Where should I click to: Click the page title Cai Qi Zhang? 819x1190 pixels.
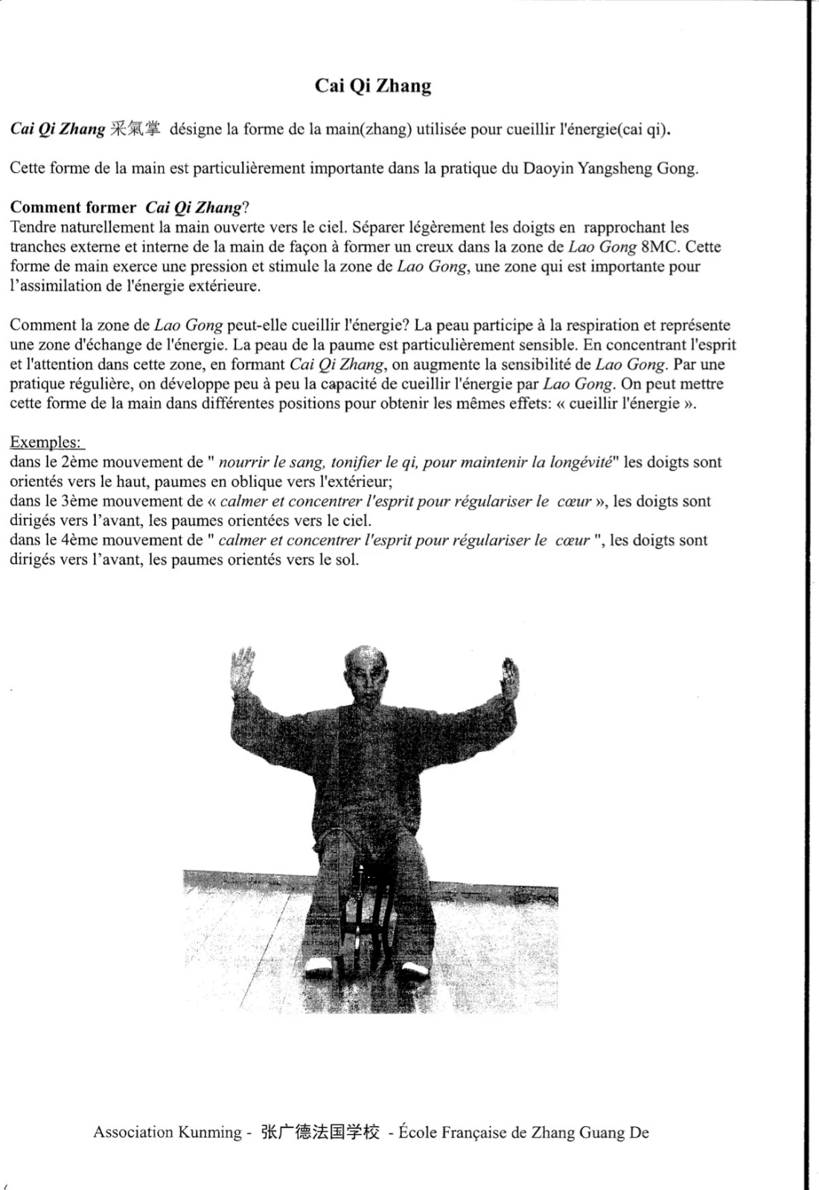point(372,86)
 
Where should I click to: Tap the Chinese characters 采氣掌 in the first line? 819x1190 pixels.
point(135,129)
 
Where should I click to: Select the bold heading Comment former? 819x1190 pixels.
point(73,208)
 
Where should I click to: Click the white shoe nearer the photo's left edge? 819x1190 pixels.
point(319,968)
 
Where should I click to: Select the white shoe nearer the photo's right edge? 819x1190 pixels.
point(413,969)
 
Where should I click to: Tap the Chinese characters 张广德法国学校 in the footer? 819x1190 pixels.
point(320,1133)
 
